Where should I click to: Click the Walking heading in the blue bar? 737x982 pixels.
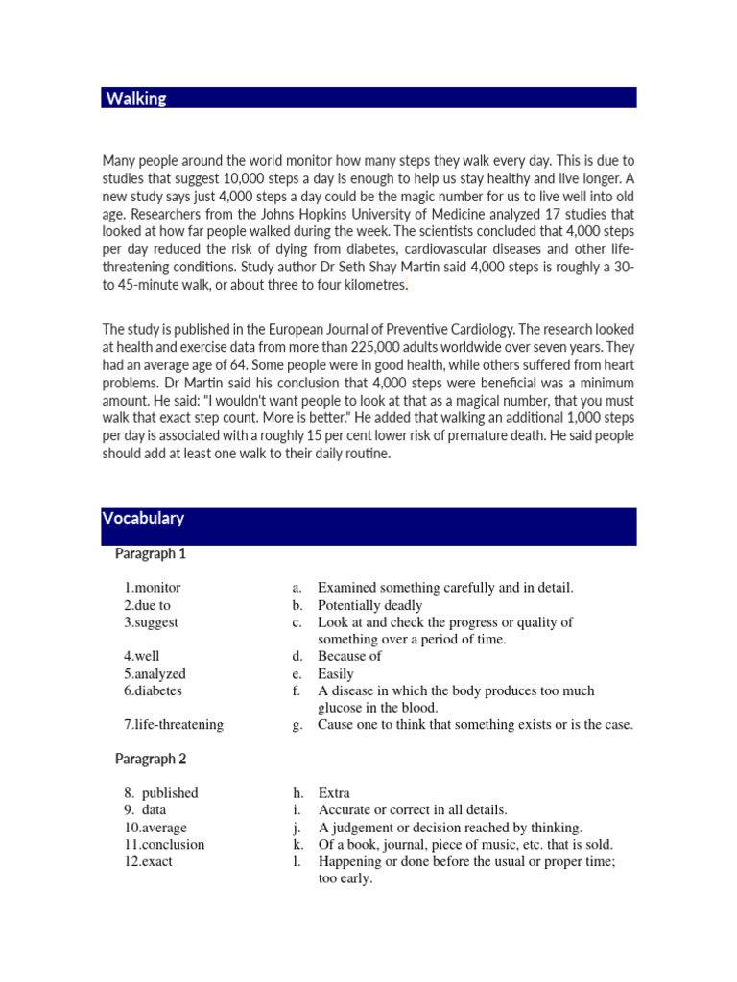coord(135,99)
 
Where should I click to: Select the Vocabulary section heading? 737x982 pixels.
coord(145,519)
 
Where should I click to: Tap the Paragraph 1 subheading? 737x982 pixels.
coord(151,553)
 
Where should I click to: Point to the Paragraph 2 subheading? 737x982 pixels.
coord(151,759)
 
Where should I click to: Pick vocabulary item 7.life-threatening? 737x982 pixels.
coord(173,725)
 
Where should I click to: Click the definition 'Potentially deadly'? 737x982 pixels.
coord(369,605)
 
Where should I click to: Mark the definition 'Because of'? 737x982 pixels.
coord(349,656)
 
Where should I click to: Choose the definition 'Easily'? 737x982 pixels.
coord(336,673)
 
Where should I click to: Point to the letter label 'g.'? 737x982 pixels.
coord(297,725)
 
